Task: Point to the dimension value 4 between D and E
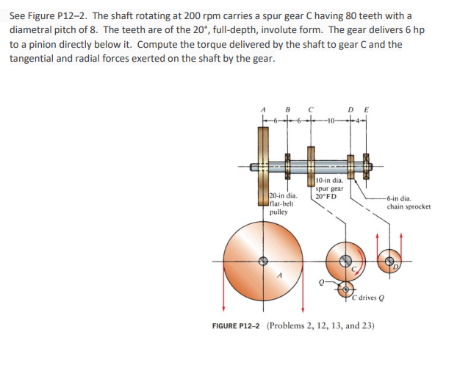[360, 120]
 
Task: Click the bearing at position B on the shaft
[287, 167]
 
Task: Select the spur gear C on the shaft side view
[312, 165]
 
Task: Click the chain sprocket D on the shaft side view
[350, 167]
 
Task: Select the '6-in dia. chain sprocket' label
[409, 202]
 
